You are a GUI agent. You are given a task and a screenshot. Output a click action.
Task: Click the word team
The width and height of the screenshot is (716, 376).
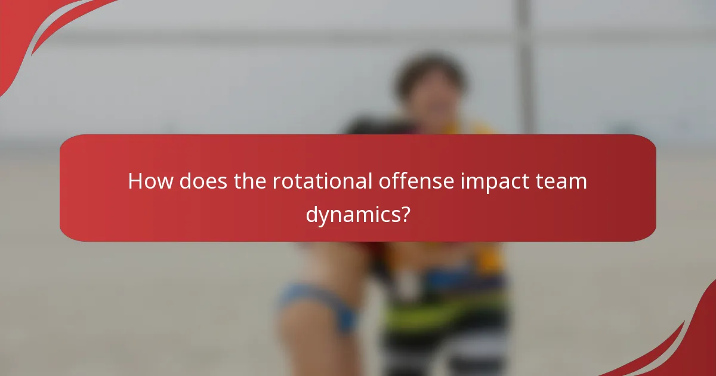[563, 181]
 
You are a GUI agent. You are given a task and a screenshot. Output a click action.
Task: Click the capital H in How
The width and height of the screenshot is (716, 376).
[135, 181]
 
